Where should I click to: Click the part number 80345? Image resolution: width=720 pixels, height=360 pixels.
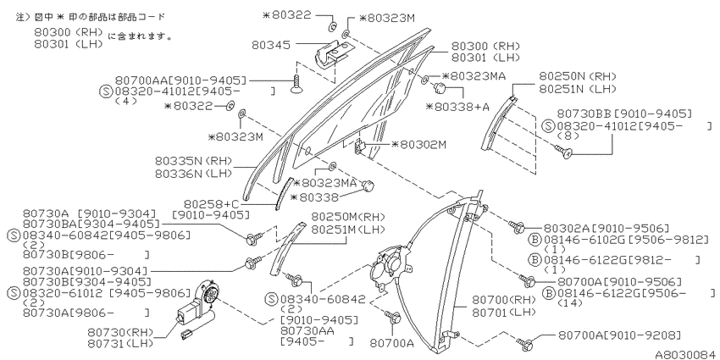[271, 45]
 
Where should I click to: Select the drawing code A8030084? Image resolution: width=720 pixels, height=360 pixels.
[686, 354]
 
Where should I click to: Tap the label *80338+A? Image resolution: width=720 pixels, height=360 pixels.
[457, 107]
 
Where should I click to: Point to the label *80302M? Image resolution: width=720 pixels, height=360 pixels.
[418, 145]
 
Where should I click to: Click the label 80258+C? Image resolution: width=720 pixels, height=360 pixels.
[212, 203]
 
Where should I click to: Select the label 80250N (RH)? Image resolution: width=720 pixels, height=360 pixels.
[577, 77]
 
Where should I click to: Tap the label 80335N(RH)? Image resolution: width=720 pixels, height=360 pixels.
[193, 162]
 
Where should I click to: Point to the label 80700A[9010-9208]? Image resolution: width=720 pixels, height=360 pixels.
[619, 335]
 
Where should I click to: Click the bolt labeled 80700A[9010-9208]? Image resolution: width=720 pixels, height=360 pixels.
[525, 343]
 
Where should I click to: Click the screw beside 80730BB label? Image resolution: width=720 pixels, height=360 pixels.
[564, 151]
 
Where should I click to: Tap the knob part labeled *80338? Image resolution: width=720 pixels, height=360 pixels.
[368, 186]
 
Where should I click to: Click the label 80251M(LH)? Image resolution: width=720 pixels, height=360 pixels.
[347, 229]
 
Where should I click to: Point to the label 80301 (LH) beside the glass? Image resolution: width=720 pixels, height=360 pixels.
[485, 58]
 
